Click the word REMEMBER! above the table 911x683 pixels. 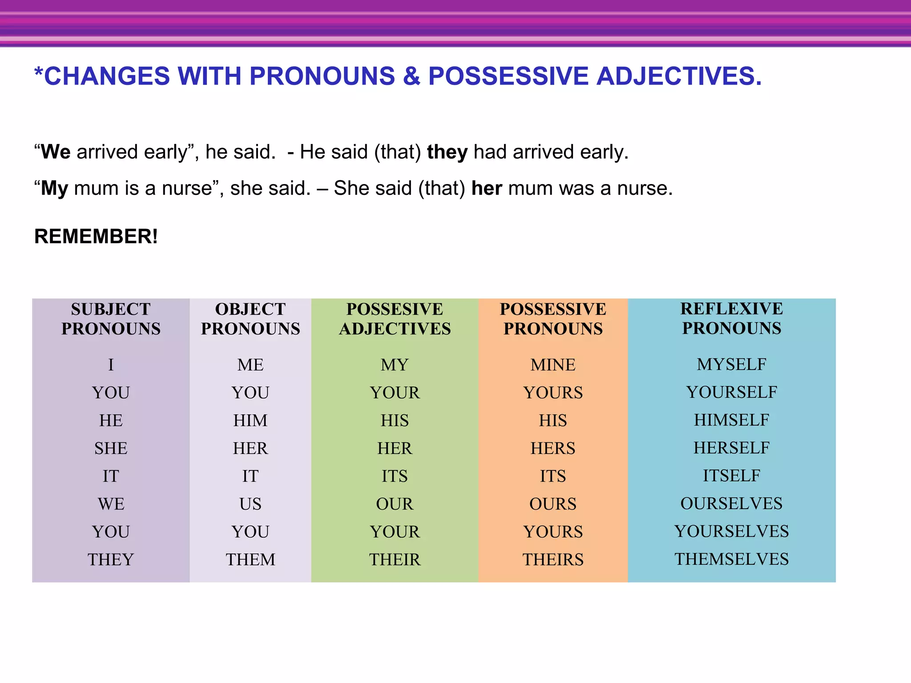pos(96,236)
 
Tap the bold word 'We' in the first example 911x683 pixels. pos(56,152)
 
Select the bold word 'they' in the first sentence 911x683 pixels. pos(447,152)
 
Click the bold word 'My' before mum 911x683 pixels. pos(54,189)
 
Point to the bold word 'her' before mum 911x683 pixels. pos(487,189)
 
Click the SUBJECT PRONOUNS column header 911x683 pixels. pos(111,319)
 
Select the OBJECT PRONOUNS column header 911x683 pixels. pos(250,319)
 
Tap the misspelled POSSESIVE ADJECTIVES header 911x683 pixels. pos(395,319)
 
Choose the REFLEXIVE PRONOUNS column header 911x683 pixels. pos(731,318)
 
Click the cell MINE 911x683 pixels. pos(553,365)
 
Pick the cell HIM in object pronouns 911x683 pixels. pos(250,421)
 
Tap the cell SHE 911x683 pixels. pos(111,448)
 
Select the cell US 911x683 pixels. pos(250,504)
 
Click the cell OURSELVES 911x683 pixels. pos(731,503)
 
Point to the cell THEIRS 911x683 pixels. pos(553,559)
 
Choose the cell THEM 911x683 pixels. pos(250,559)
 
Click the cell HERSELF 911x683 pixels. pos(731,448)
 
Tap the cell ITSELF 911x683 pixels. pos(731,476)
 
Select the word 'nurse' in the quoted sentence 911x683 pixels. pos(187,189)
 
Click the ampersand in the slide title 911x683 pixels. pos(411,76)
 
